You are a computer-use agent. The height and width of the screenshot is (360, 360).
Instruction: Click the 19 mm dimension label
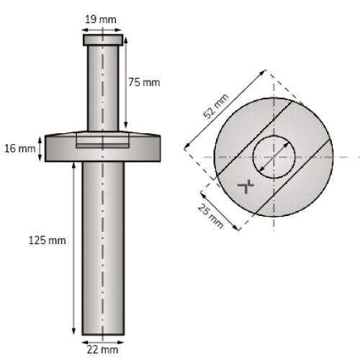pyautogui.click(x=101, y=19)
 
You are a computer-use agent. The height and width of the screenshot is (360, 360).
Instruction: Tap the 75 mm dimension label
pyautogui.click(x=144, y=82)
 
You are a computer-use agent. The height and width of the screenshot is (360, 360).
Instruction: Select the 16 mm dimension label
pyautogui.click(x=20, y=148)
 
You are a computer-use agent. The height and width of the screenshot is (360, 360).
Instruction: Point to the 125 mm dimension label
pyautogui.click(x=47, y=240)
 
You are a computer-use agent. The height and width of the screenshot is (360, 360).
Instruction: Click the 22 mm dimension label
pyautogui.click(x=102, y=350)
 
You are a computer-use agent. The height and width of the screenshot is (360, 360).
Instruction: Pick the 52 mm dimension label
pyautogui.click(x=216, y=107)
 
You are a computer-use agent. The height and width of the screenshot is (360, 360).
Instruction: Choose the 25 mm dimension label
pyautogui.click(x=210, y=216)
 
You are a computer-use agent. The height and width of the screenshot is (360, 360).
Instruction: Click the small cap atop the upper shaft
pyautogui.click(x=103, y=40)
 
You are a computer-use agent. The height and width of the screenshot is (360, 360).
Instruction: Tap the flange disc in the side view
pyautogui.click(x=103, y=147)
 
